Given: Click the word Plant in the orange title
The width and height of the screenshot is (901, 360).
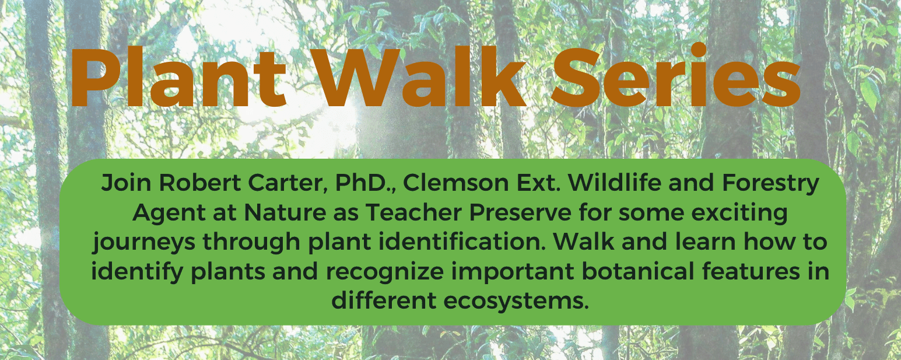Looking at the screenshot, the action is point(178,76).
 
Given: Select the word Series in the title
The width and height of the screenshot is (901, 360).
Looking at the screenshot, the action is point(675,75).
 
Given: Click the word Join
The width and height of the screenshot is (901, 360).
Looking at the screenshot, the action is point(127,183).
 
